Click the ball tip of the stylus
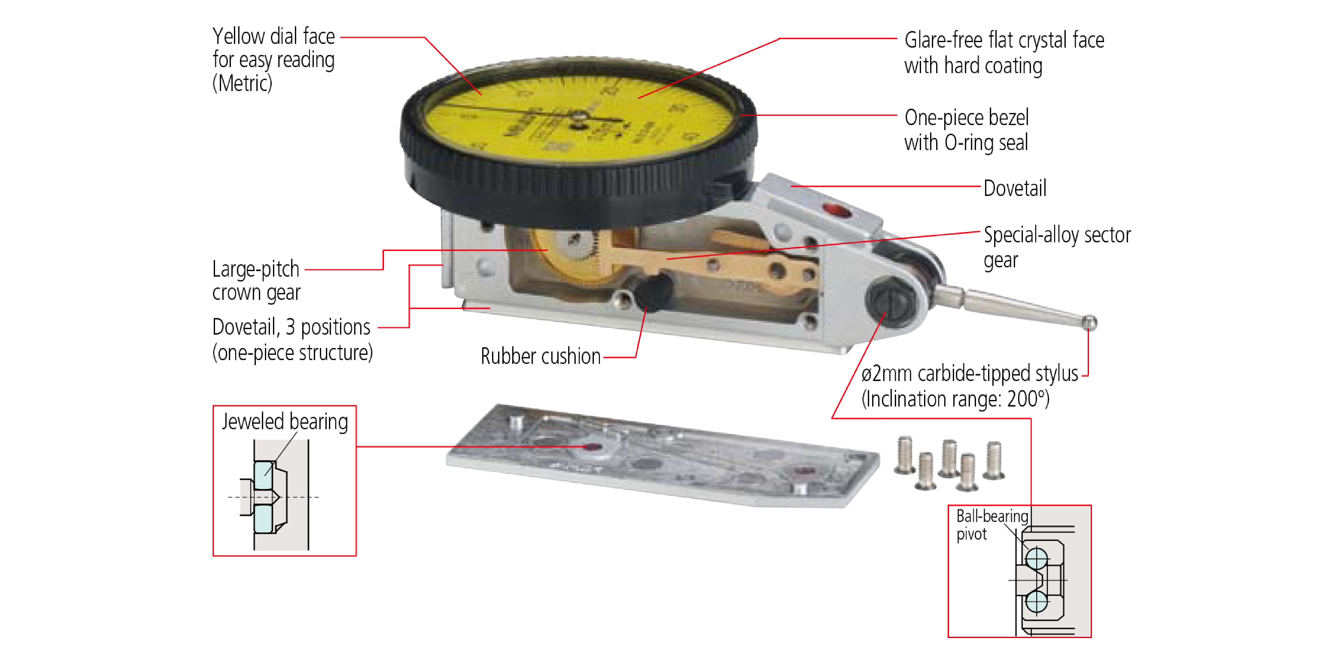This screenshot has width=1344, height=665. pyautogui.click(x=1089, y=323)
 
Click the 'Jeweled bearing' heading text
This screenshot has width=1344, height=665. pyautogui.click(x=285, y=421)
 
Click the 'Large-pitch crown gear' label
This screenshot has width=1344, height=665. pyautogui.click(x=256, y=280)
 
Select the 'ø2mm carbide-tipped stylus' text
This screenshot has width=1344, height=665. pyautogui.click(x=969, y=374)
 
